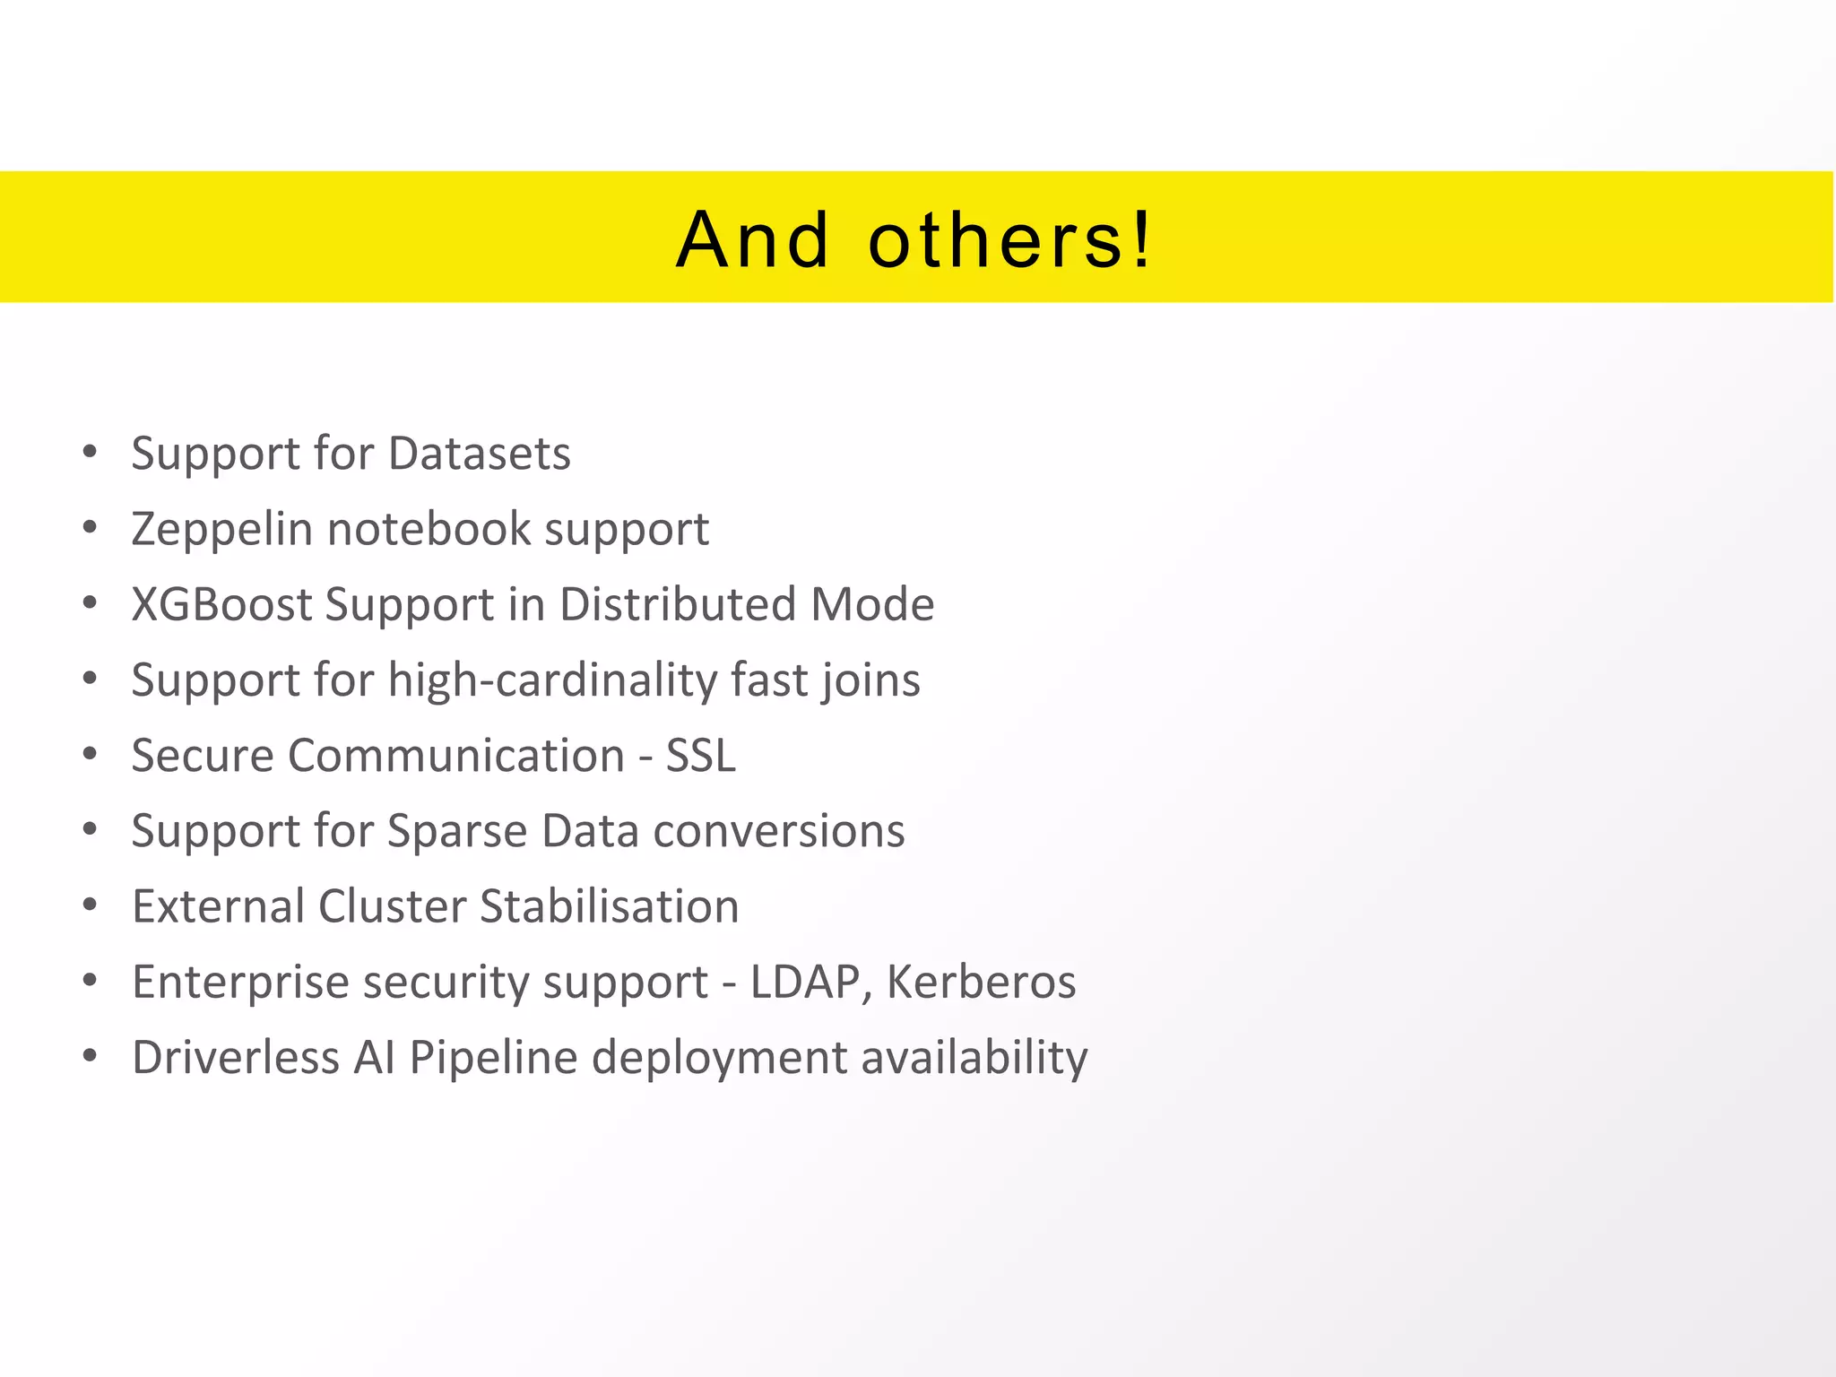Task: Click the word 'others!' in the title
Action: coord(1009,239)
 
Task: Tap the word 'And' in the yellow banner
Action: coord(753,239)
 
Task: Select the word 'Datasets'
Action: coord(480,453)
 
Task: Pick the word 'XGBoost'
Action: coord(221,604)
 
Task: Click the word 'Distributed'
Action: coord(678,604)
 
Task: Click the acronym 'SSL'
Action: coord(701,755)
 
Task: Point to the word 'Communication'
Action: coord(456,755)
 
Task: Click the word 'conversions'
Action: coord(779,831)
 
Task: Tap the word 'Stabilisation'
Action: coord(610,906)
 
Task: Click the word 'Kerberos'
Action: coord(981,982)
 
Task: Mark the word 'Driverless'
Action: coord(236,1057)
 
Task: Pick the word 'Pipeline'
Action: coord(494,1058)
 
